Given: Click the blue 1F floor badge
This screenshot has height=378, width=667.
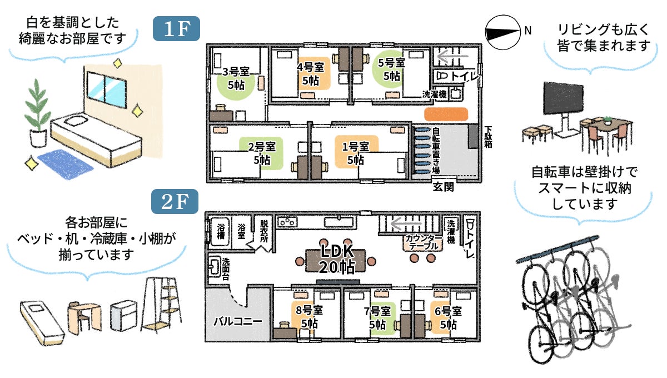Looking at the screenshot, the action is coord(176,28).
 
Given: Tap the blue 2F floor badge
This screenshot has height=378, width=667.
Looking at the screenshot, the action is coord(175,201).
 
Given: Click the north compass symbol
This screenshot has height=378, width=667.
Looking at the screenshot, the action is coord(502,32).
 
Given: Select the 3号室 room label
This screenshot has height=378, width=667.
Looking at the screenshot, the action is coord(236,72).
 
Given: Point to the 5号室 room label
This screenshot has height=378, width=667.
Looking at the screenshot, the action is coord(391,63).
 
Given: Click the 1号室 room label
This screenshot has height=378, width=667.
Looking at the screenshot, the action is coord(356,147).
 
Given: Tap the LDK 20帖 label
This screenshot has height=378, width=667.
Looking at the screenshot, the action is coord(337,259).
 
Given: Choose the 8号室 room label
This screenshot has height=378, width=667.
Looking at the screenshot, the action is coord(309,310).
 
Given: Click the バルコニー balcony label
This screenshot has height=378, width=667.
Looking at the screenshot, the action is coord(238,321).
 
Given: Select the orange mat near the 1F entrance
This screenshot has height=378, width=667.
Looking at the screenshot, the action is coord(446,115).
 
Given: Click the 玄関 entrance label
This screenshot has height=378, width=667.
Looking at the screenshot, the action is coord(444,187).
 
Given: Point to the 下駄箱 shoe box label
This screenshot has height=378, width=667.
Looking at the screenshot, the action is coord(488,137).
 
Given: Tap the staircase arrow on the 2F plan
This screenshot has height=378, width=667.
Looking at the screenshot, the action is coord(406,223).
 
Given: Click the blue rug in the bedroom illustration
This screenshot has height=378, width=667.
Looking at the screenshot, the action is coord(66,164).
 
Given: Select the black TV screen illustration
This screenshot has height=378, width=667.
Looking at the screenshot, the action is coord(564,98).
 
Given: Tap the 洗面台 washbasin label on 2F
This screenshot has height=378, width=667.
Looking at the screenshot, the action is coord(226,269).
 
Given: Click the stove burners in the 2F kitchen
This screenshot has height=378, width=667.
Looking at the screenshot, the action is coord(288,222).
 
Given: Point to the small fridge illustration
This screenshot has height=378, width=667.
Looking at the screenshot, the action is coord(123,316).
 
